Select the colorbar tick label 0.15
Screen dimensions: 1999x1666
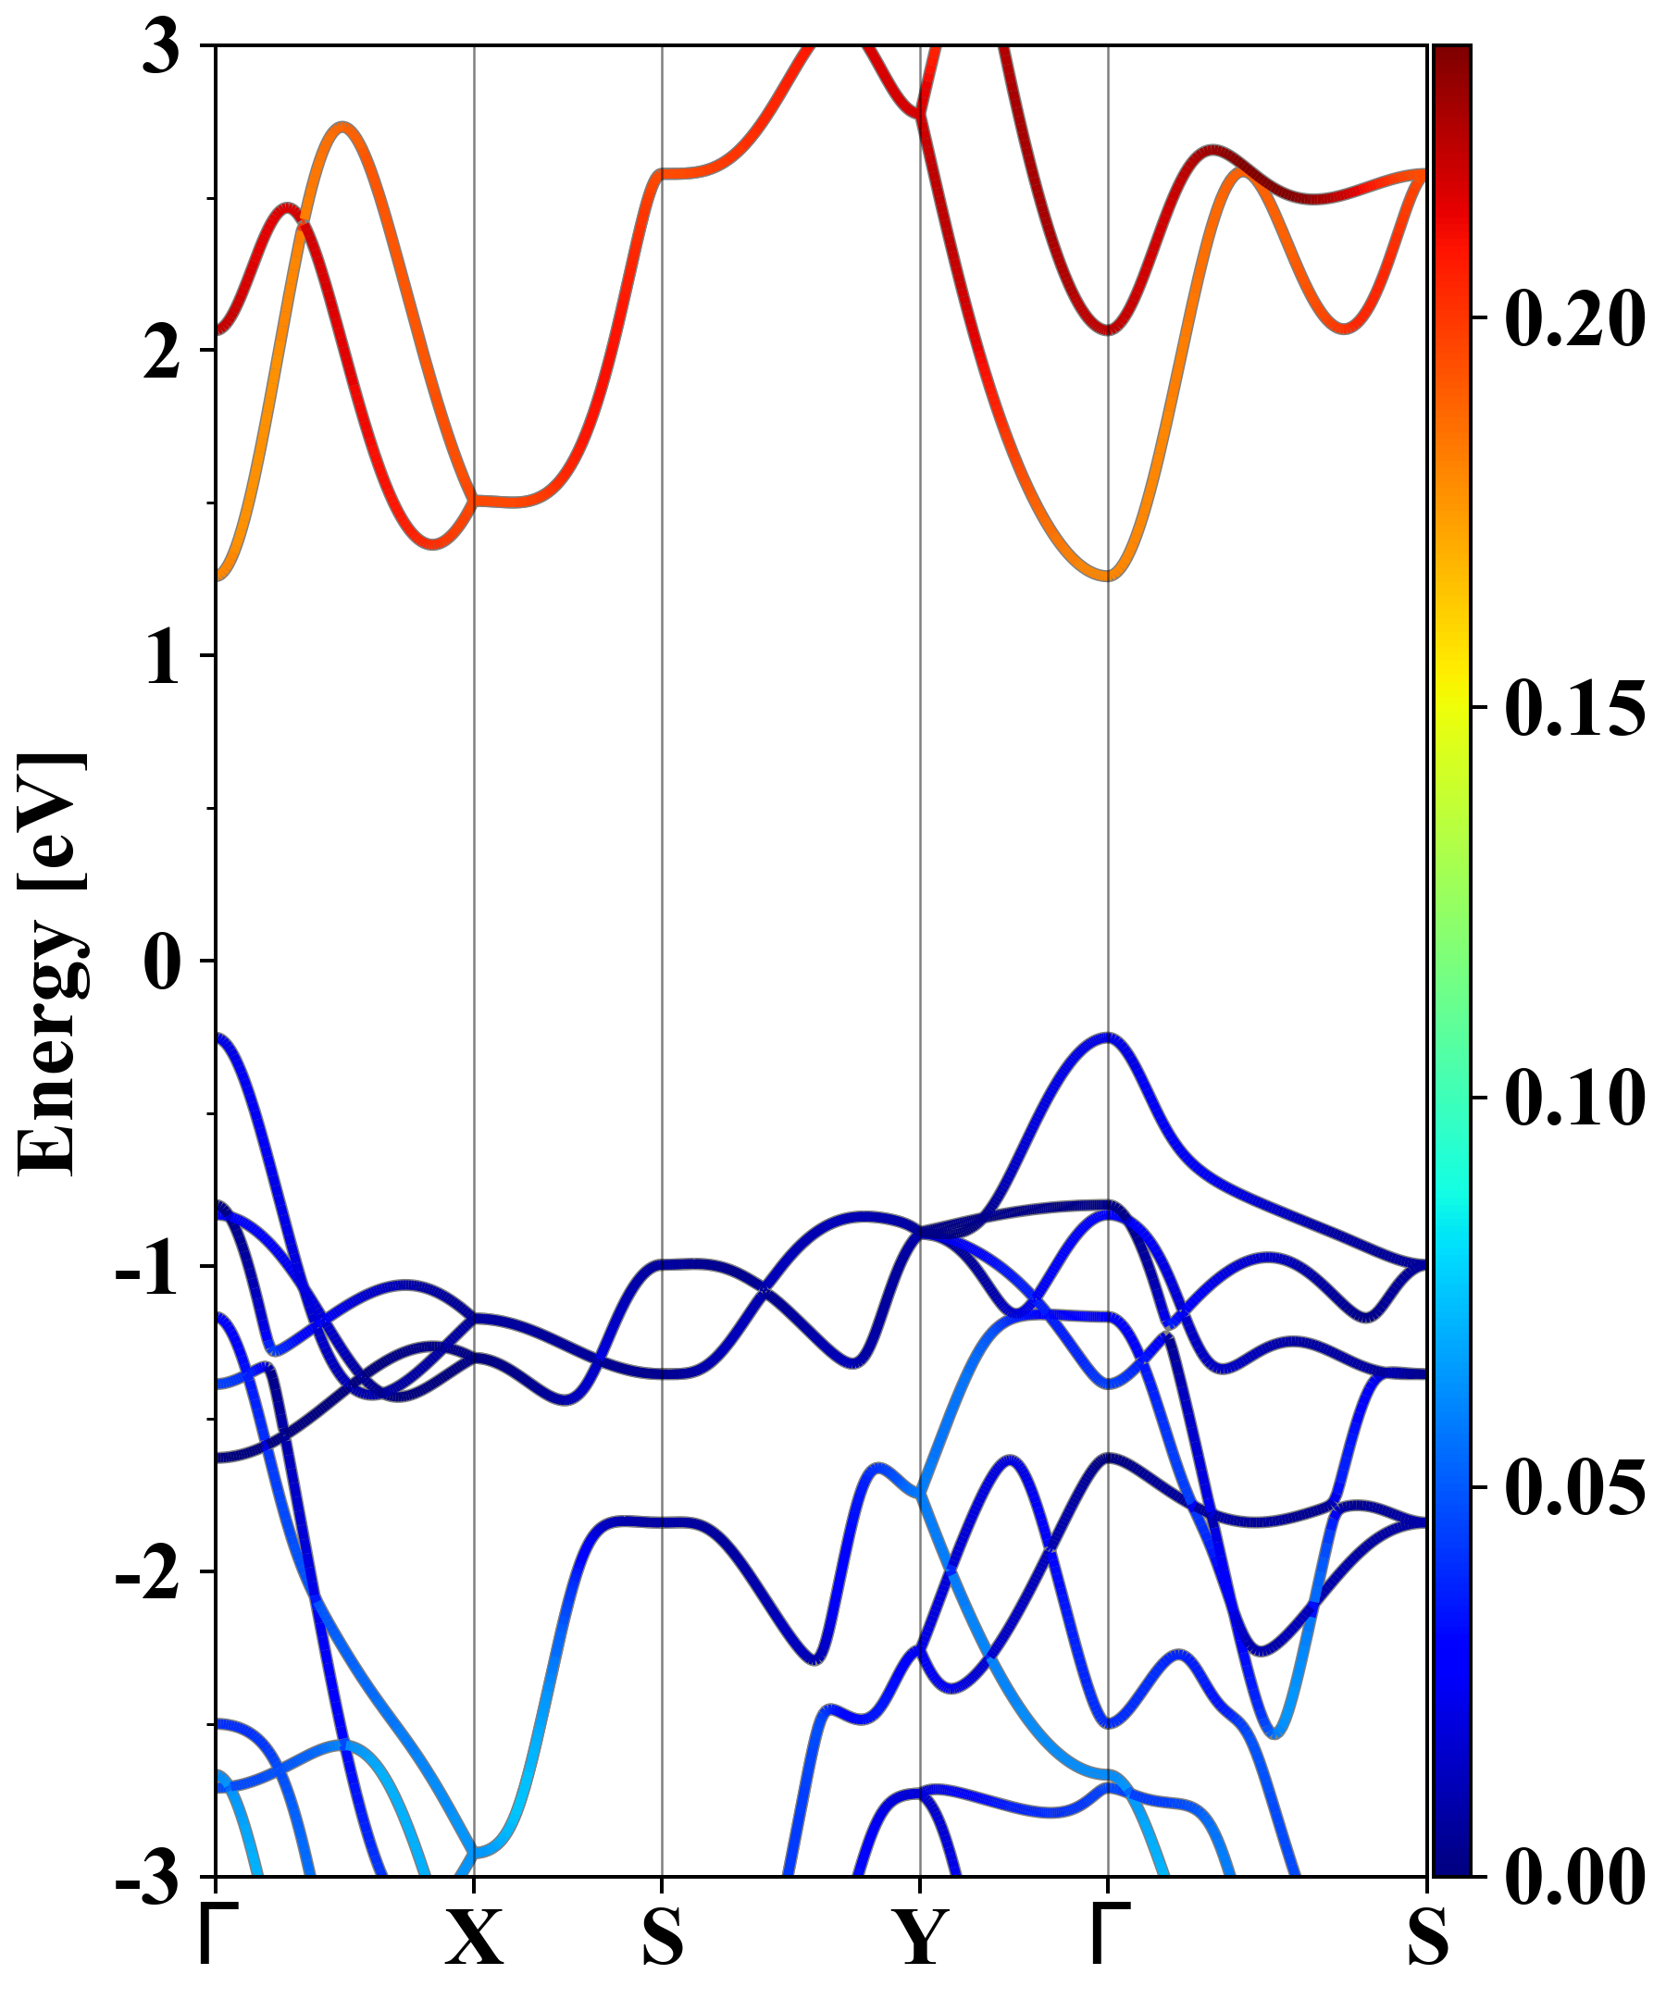[1574, 708]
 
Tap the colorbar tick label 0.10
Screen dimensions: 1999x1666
[1574, 1099]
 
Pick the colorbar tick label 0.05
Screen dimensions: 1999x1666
[1574, 1489]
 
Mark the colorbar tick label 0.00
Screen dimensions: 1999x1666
[1574, 1877]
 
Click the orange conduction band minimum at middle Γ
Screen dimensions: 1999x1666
[1108, 574]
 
